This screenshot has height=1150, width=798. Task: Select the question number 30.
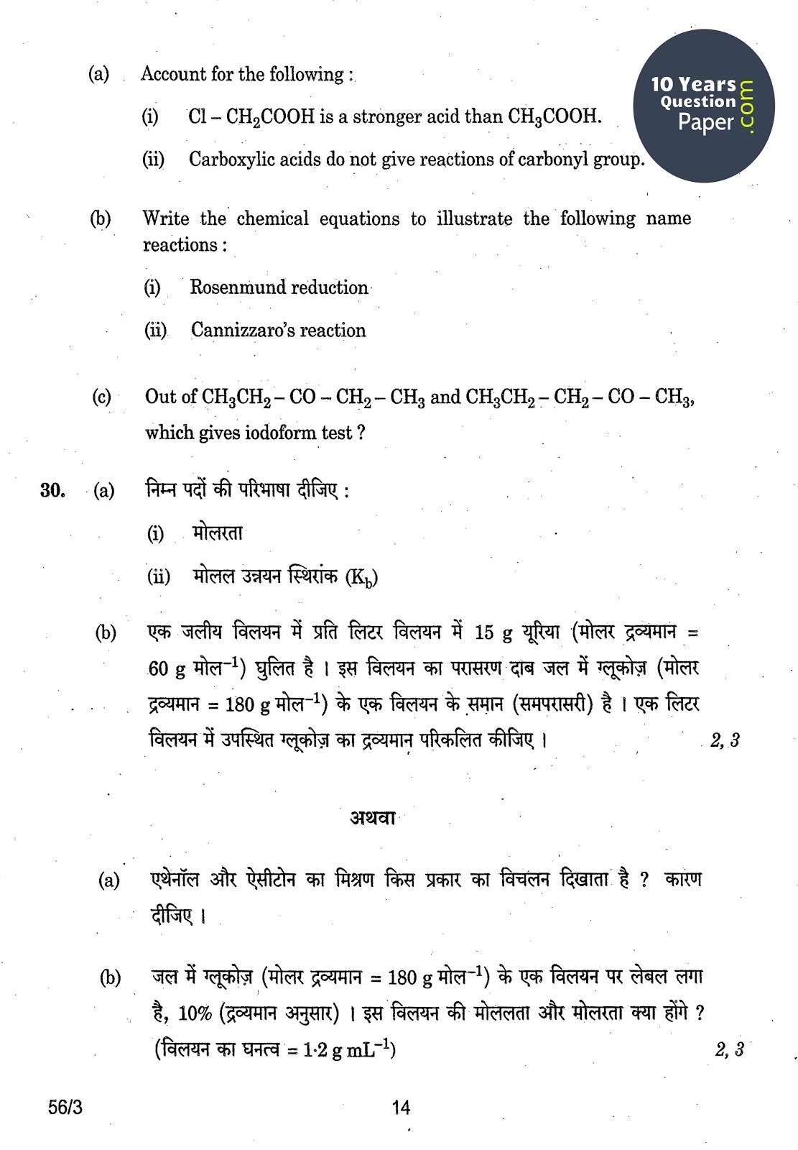52,491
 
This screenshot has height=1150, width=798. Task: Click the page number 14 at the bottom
401,1107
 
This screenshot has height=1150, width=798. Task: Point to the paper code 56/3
65,1107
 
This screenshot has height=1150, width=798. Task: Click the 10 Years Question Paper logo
703,105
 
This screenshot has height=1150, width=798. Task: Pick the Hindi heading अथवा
373,818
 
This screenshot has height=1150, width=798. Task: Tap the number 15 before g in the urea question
484,632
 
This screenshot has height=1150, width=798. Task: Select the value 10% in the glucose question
195,1013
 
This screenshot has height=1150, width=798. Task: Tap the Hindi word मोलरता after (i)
218,533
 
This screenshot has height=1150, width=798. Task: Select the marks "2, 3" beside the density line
729,1050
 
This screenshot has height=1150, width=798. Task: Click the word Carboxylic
231,160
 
